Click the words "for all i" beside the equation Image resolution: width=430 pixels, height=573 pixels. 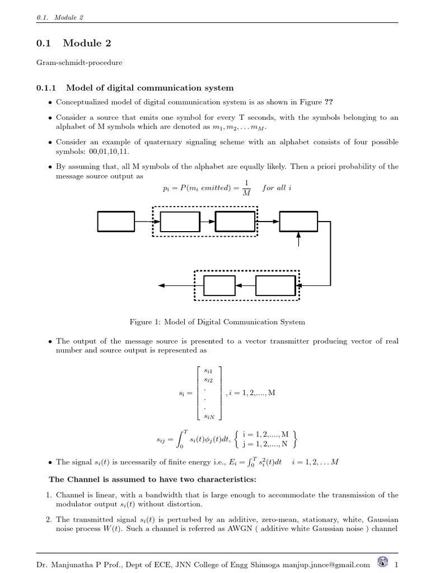[x=276, y=187]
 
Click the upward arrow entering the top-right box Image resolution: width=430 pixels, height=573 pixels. [x=298, y=239]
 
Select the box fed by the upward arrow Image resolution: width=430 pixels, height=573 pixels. [x=298, y=222]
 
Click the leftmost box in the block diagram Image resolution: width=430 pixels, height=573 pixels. [x=116, y=222]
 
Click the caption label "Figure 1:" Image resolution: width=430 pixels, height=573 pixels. [x=145, y=322]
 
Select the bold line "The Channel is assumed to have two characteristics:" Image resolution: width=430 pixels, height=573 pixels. [x=152, y=480]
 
